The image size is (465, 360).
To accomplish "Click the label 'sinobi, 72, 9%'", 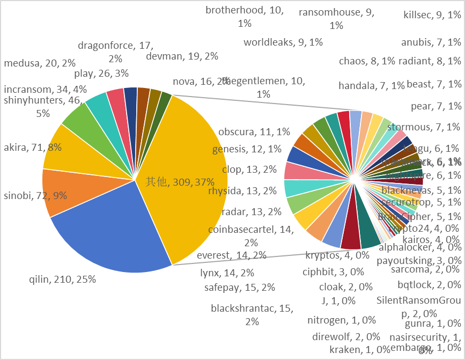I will point(36,195).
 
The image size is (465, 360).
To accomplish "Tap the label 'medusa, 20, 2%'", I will point(40,63).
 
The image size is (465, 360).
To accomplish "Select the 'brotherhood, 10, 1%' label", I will point(245,17).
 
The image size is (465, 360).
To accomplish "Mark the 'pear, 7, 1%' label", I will point(436,106).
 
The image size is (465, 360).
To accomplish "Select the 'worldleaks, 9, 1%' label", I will point(283,42).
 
